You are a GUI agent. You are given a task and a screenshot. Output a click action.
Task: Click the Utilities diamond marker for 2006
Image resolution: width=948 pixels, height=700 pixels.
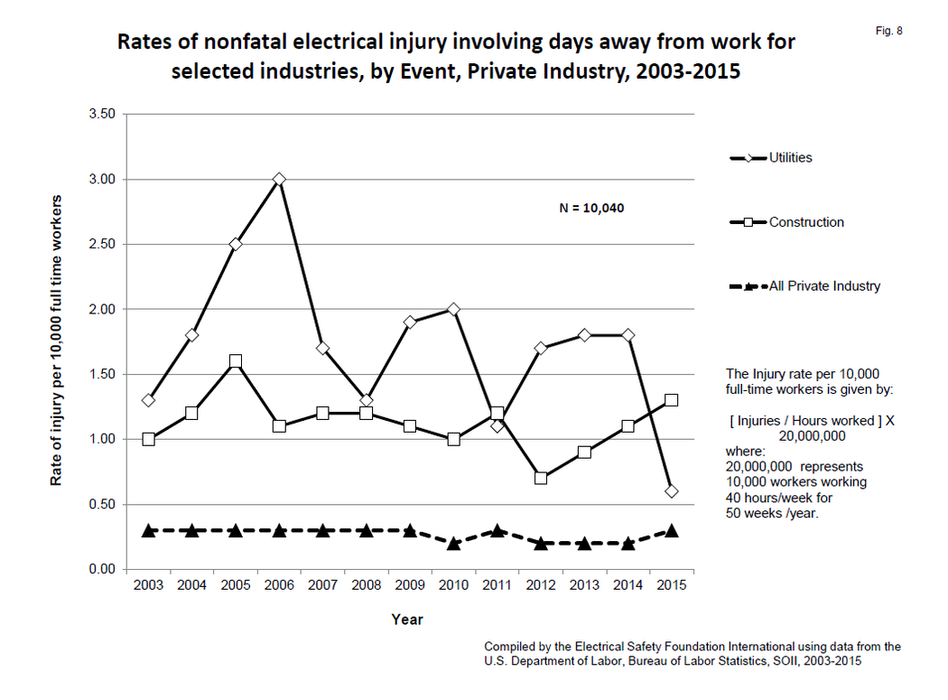[x=279, y=180]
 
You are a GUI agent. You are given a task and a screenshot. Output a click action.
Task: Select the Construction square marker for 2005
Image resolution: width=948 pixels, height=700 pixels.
[x=236, y=361]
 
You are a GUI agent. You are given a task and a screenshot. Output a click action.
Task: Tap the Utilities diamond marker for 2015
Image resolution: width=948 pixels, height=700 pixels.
[x=671, y=491]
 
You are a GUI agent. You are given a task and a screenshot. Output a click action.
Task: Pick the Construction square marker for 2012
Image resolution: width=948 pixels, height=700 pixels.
[x=541, y=478]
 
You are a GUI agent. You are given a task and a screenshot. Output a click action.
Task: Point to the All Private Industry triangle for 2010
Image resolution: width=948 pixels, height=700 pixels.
[x=453, y=543]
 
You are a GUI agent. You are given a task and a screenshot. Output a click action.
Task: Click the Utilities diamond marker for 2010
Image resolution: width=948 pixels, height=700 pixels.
[x=453, y=310]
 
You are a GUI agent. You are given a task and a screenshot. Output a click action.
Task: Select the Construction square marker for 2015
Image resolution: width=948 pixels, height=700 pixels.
[x=671, y=400]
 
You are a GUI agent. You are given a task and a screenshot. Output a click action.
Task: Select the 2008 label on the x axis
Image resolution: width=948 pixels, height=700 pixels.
[x=366, y=586]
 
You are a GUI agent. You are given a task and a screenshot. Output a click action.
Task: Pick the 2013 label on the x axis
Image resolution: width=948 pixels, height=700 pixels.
[x=584, y=586]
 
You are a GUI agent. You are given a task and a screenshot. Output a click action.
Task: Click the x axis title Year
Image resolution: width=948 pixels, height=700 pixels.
[x=407, y=620]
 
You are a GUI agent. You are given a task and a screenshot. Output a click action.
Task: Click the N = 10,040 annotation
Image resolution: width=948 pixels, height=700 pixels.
[x=591, y=208]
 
